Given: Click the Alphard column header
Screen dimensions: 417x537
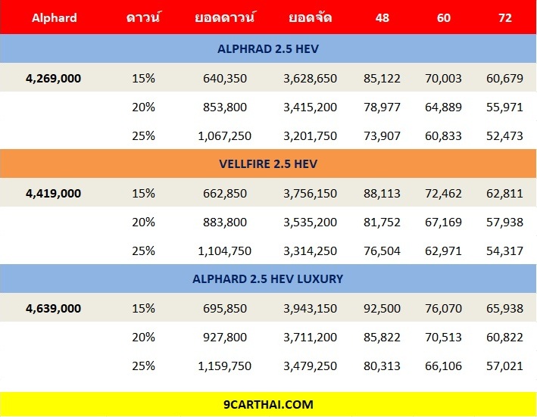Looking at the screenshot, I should pos(54,17).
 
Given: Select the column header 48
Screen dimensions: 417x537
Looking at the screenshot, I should pos(382,17).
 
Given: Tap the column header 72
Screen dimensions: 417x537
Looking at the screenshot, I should pos(502,17).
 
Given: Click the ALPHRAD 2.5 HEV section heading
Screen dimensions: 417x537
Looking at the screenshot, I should pos(267,49).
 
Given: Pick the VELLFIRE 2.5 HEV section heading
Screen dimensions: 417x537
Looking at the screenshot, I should pos(267,164).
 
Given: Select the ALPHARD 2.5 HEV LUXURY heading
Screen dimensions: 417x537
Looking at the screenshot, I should pos(267,279).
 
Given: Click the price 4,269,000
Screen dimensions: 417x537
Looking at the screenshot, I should pos(53,78).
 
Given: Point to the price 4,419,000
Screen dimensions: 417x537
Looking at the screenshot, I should pos(53,193).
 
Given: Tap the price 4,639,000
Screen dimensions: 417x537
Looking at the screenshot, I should pos(53,308).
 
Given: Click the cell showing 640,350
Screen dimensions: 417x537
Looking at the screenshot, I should pos(225,78).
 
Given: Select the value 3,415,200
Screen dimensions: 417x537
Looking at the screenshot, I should pos(311,107).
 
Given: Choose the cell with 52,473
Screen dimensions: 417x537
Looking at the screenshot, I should pos(502,135).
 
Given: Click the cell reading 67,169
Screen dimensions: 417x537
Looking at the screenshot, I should pos(442,222).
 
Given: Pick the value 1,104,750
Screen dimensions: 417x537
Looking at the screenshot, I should pos(225,251).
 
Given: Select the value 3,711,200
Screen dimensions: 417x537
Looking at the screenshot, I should pos(311,337).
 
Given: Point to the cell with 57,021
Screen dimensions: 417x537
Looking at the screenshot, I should pos(502,366).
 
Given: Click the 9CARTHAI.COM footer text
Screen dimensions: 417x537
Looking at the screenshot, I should pos(267,405).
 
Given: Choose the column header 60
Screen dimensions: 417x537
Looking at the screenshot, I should pos(444,17).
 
